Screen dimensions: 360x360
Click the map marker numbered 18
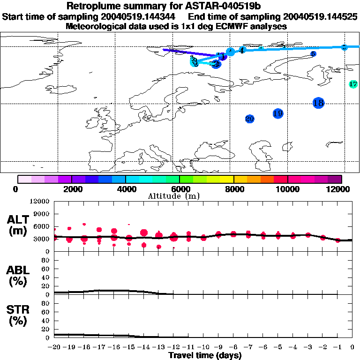click(x=319, y=103)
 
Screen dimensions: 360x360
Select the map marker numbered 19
click(x=277, y=113)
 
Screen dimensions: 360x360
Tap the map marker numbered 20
click(x=249, y=119)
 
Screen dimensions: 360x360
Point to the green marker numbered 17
click(x=353, y=84)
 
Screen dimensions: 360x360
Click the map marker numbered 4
click(x=241, y=50)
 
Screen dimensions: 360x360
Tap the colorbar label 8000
click(x=233, y=189)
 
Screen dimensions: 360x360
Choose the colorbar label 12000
click(x=340, y=189)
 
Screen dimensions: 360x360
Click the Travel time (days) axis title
click(x=205, y=356)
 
